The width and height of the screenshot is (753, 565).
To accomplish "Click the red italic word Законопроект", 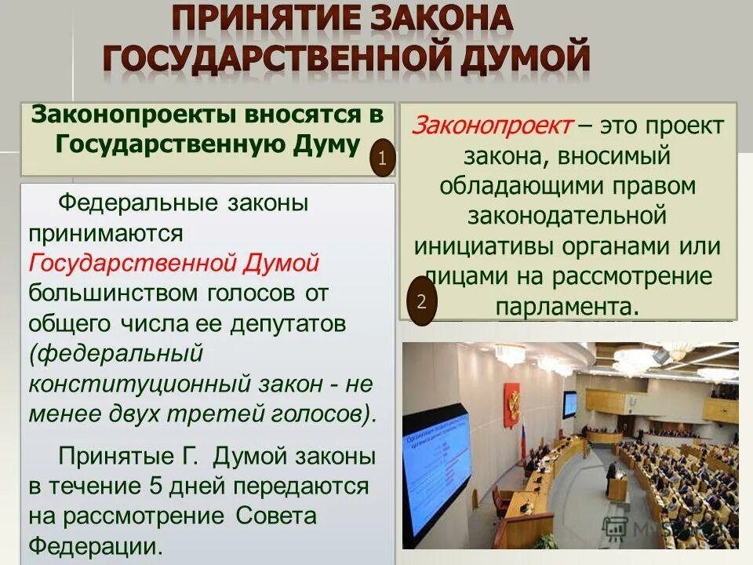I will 493,125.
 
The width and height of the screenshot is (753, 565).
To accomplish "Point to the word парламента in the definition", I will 565,305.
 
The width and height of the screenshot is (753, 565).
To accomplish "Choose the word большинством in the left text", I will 110,293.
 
